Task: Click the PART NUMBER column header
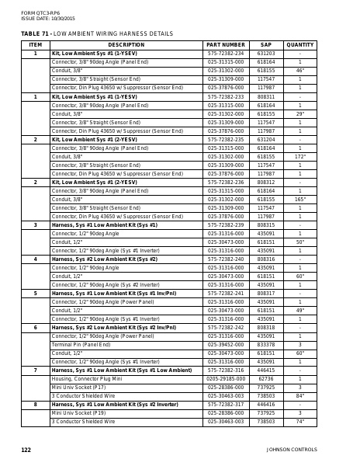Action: (226, 45)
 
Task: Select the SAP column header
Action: (266, 45)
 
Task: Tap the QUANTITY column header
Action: (300, 45)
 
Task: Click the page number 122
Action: (26, 450)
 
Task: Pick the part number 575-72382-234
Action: (226, 54)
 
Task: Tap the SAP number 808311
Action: (266, 96)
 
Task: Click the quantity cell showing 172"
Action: (300, 156)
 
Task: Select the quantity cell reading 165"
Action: (300, 199)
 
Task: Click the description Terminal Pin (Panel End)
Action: (81, 344)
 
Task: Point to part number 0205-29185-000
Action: (226, 378)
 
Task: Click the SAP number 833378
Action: (266, 344)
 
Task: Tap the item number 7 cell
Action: (35, 370)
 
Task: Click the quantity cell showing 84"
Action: (300, 395)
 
